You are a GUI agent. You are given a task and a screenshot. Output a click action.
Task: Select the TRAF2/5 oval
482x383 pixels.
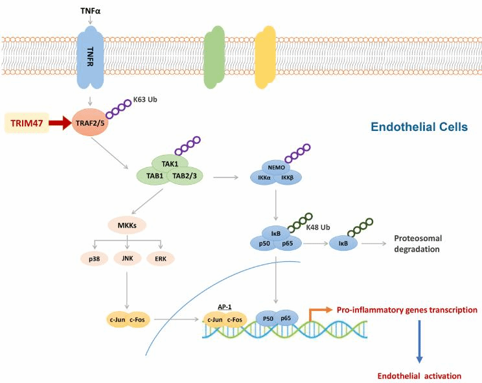pos(90,122)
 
